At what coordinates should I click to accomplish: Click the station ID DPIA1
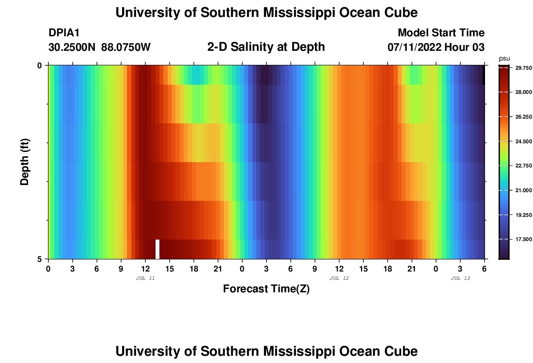[x=64, y=33]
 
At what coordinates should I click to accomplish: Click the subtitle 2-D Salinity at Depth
[x=266, y=47]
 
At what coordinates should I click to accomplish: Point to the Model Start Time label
[x=441, y=33]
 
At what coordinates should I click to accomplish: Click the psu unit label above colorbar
[x=504, y=58]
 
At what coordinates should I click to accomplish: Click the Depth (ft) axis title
[x=25, y=162]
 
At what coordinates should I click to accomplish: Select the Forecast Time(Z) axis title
[x=266, y=289]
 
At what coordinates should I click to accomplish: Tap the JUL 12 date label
[x=339, y=278]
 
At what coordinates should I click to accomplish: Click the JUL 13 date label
[x=460, y=278]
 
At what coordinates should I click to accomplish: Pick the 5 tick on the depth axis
[x=40, y=259]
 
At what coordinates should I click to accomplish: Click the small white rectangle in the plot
[x=157, y=249]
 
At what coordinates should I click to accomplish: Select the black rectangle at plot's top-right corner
[x=483, y=75]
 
